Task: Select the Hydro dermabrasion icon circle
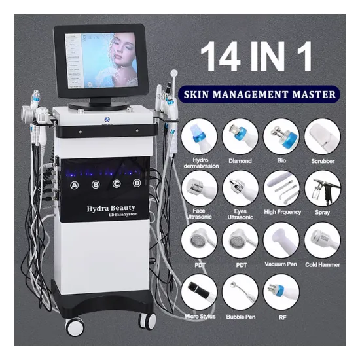[x=199, y=135]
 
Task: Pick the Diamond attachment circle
[x=240, y=135]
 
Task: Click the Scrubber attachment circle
[x=322, y=135]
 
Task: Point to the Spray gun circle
[x=322, y=189]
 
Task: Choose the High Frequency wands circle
[x=281, y=189]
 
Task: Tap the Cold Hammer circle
[x=322, y=241]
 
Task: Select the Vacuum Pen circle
[x=281, y=241]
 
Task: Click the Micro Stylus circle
[x=199, y=293]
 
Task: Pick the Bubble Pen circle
[x=240, y=293]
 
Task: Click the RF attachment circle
[x=281, y=293]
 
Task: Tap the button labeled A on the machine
[x=75, y=185]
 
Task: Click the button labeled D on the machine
[x=137, y=183]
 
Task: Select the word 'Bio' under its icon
[x=281, y=159]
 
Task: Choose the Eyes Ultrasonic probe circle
[x=240, y=189]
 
